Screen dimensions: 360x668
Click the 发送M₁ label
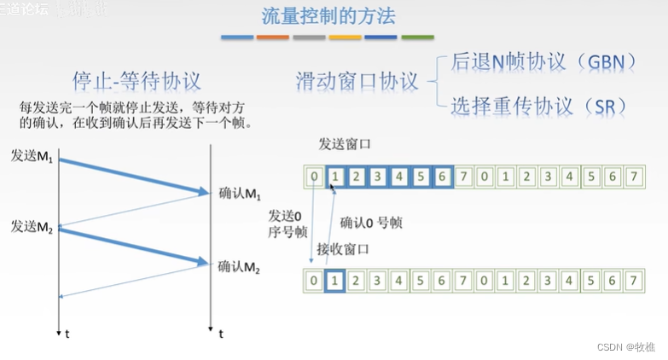(32, 156)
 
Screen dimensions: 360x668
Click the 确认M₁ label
(239, 193)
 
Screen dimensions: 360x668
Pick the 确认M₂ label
(239, 265)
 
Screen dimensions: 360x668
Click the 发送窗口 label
(344, 144)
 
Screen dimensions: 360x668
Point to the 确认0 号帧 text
(371, 223)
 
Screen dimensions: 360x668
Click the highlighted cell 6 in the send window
(441, 178)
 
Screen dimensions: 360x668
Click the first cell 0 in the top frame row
(315, 178)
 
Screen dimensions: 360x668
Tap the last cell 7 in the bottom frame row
(632, 281)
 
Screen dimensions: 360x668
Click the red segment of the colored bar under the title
(273, 38)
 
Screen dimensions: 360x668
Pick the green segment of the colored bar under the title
(418, 38)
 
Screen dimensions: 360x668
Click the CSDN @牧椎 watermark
(625, 346)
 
